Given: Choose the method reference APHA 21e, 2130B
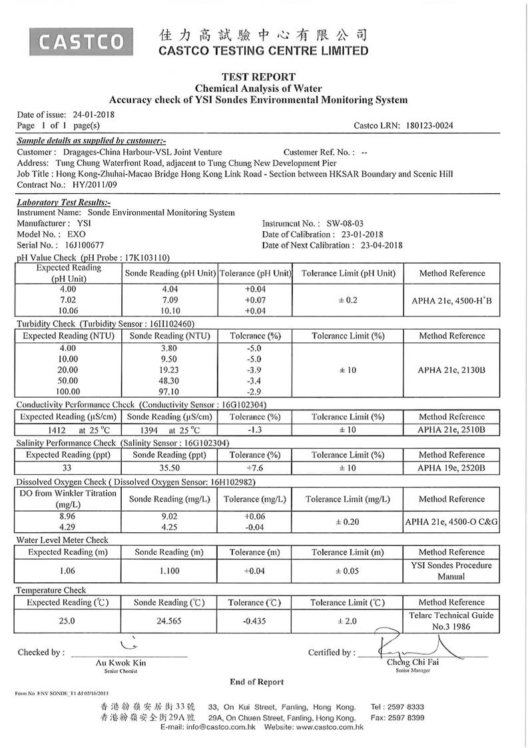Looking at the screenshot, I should coord(451,369).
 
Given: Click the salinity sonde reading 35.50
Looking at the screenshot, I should coord(168,468).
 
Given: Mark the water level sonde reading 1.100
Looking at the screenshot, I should coord(168,571).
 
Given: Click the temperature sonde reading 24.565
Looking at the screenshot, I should coord(168,621).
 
